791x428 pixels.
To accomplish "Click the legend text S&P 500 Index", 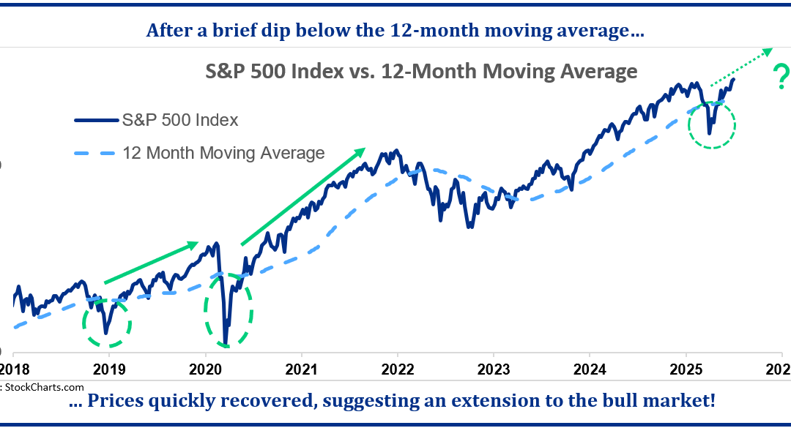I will click(181, 120).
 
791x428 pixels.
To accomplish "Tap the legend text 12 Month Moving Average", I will click(223, 154).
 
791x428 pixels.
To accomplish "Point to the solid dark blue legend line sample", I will click(94, 120).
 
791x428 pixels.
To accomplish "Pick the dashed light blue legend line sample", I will click(94, 154).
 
